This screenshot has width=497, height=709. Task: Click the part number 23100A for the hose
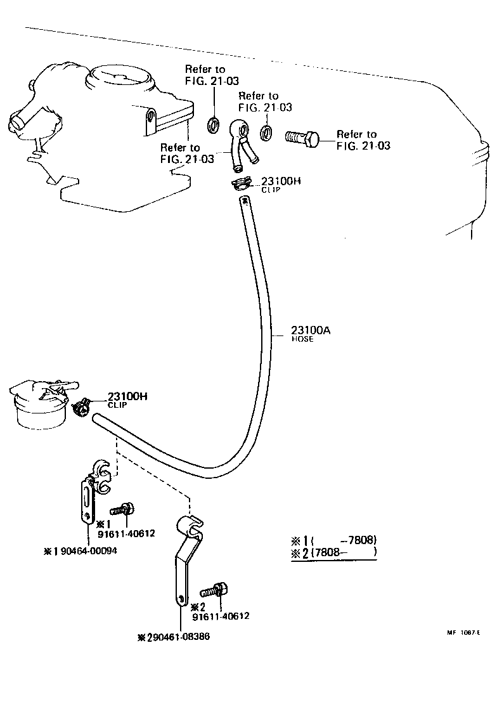311,330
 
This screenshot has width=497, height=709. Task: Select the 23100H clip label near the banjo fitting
281,181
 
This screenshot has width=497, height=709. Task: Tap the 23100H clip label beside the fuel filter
127,396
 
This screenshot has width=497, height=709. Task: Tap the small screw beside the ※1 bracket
122,509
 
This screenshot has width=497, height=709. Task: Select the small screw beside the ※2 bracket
214,591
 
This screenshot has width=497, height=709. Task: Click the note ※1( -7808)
334,540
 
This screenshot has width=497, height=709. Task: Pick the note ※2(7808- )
334,552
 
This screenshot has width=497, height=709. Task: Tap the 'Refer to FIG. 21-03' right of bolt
363,140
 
